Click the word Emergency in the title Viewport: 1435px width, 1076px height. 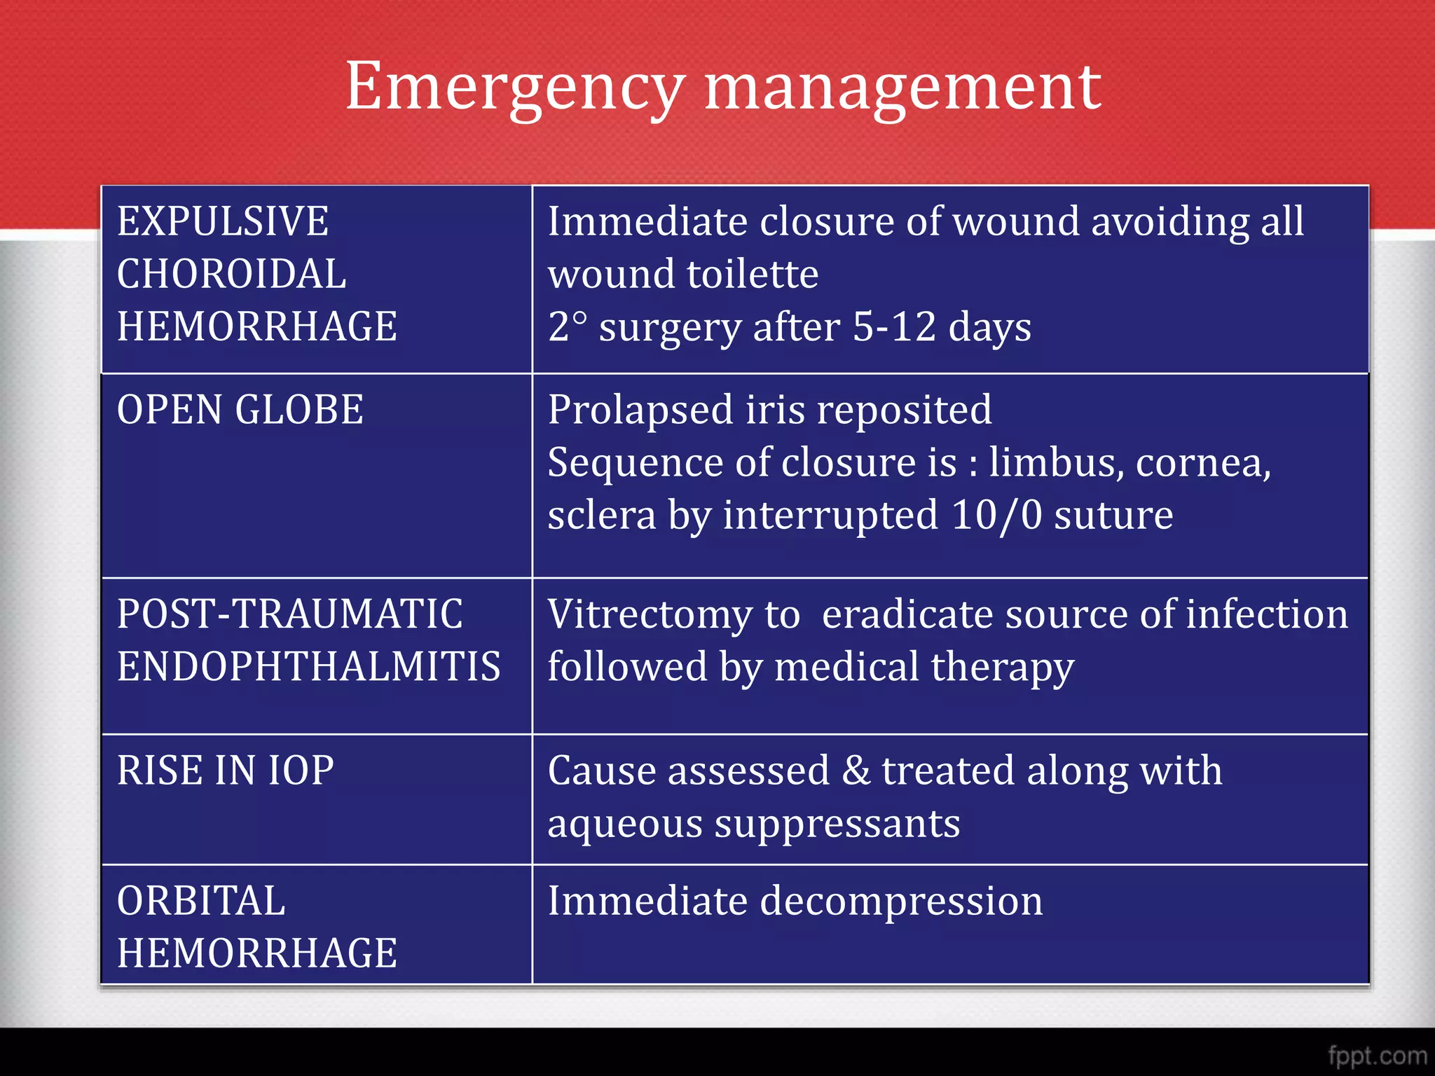pos(514,88)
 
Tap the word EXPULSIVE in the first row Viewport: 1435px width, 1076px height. pos(223,221)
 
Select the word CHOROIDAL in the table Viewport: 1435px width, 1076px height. pos(231,274)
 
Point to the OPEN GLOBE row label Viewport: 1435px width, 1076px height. pos(240,410)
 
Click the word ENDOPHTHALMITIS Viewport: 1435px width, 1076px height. pos(308,666)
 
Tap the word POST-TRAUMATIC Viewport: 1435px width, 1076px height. pos(289,614)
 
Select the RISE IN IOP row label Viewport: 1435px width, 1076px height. pos(225,771)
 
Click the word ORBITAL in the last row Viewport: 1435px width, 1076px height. pos(201,901)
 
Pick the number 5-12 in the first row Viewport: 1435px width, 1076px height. pos(894,326)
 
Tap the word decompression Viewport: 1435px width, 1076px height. pos(901,901)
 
